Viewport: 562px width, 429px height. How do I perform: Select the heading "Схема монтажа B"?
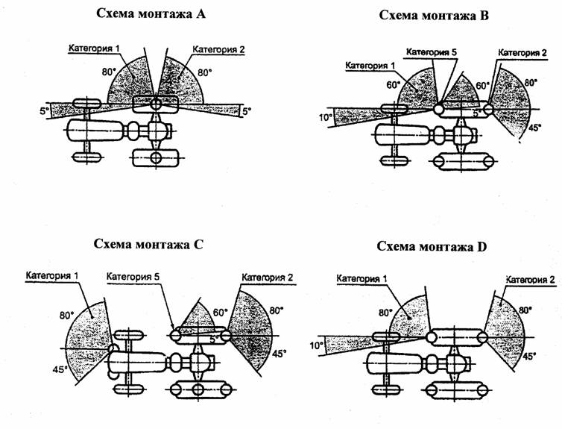[x=434, y=14]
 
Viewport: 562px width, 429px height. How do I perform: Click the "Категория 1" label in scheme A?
[x=94, y=49]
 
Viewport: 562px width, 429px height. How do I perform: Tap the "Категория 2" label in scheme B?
[x=523, y=53]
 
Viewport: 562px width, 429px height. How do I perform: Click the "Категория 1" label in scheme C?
[x=51, y=276]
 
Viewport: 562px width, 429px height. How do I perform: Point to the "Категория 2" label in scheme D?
[x=530, y=281]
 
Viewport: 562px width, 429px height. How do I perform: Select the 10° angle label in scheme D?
[x=317, y=345]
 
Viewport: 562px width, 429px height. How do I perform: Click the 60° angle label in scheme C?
[x=219, y=313]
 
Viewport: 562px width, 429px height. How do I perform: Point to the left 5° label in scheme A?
[x=44, y=111]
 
